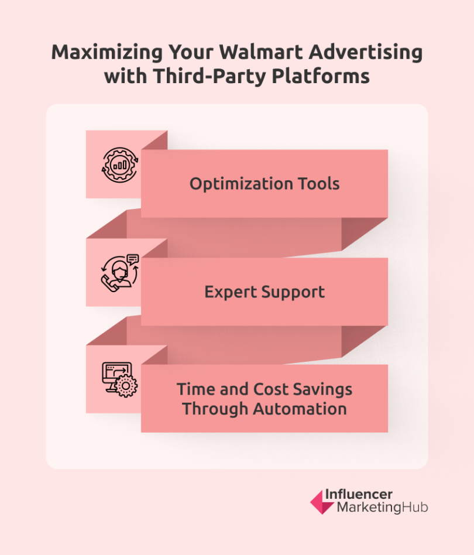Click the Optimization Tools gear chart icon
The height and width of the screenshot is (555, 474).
(119, 165)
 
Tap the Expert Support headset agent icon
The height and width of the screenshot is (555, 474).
(119, 272)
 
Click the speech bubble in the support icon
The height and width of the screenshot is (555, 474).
(132, 258)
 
